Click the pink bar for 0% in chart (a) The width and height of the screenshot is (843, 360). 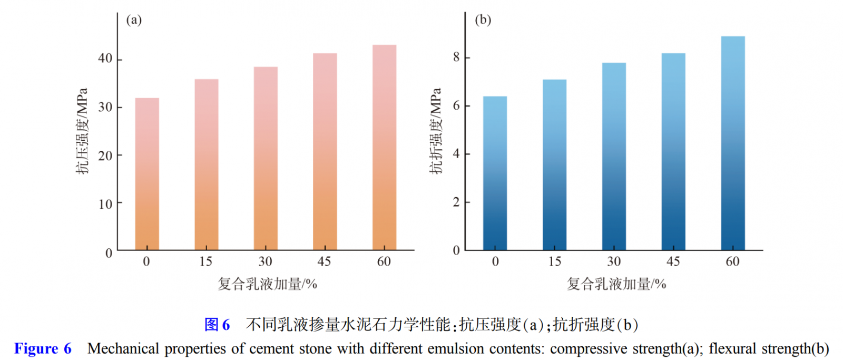pos(147,174)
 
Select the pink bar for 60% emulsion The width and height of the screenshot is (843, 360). pos(384,148)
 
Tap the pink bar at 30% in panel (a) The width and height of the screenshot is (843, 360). pos(266,158)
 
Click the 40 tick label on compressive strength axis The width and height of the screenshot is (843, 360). pos(105,59)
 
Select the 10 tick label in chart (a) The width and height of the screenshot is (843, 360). pos(105,204)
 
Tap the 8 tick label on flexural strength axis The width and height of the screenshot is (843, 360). pos(456,57)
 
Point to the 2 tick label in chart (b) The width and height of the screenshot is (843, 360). pos(456,202)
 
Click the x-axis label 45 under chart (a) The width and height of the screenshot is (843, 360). pos(324,261)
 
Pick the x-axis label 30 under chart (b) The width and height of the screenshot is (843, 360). pos(614,261)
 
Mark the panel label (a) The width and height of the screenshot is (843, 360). pos(134,20)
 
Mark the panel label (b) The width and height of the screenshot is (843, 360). pos(483,20)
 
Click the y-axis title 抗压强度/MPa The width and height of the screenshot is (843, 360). pos(82,131)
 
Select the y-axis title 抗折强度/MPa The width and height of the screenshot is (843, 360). pos(435,131)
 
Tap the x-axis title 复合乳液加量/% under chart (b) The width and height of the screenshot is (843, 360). pos(616,284)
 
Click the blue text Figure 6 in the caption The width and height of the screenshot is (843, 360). pos(43,348)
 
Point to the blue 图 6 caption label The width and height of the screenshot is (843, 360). pos(217,325)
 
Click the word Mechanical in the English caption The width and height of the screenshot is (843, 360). pos(123,348)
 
